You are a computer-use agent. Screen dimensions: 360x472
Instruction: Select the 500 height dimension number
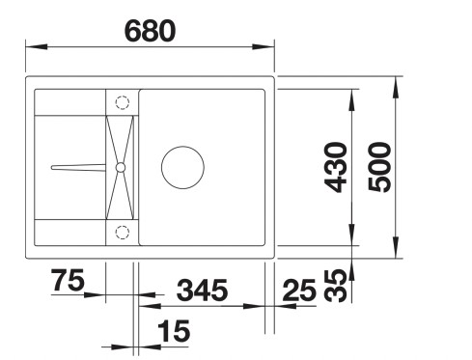click(x=379, y=167)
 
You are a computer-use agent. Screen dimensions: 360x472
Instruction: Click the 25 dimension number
click(x=302, y=289)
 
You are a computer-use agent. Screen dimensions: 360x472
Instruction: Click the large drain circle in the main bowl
click(x=181, y=167)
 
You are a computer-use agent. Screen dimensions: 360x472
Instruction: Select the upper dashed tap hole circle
click(x=122, y=102)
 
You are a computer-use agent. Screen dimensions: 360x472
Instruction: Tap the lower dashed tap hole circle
click(x=122, y=231)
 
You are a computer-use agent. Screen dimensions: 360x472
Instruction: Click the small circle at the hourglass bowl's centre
click(x=121, y=167)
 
